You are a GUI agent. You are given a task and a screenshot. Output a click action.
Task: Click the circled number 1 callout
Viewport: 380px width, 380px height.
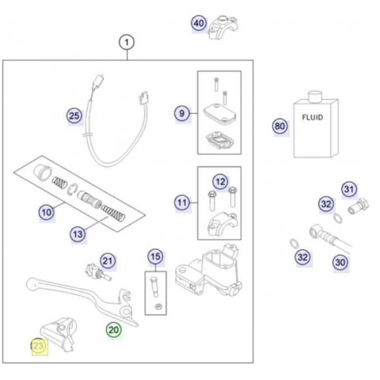coord(127,42)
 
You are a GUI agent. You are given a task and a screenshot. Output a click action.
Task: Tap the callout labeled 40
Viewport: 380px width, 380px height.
coord(199,23)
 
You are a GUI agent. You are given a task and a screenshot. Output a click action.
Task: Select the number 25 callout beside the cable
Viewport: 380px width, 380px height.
coord(74,116)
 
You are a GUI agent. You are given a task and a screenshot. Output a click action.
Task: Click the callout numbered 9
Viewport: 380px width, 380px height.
coord(182,113)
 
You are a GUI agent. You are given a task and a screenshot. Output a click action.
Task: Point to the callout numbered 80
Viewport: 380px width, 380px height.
coord(279,126)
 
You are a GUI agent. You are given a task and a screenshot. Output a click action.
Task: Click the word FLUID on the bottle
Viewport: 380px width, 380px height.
coord(313,117)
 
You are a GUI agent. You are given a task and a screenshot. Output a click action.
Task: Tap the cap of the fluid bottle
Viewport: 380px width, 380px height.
coord(315,96)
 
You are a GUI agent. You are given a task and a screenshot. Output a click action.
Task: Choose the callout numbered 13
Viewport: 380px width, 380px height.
coord(78,234)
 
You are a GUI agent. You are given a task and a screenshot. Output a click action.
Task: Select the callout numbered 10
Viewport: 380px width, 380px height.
coord(47,212)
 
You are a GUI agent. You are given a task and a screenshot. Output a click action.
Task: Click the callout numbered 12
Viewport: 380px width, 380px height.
coord(220,181)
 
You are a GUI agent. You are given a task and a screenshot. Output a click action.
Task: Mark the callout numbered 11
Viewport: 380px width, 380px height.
coord(182,203)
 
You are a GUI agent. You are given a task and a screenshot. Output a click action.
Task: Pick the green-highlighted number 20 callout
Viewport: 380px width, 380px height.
coord(114,330)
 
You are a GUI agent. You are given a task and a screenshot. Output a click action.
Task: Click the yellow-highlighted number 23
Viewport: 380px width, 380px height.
coord(39,346)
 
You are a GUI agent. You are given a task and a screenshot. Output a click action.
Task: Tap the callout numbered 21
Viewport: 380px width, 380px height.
coord(108,261)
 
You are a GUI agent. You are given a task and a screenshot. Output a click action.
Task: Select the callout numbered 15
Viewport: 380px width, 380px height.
coord(155,256)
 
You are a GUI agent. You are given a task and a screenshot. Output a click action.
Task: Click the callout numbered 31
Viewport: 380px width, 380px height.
coord(349,189)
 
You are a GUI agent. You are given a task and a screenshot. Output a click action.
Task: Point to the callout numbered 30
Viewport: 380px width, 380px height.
coord(340,263)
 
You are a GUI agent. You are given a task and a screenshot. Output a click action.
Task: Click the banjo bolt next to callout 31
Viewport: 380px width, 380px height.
coord(359,207)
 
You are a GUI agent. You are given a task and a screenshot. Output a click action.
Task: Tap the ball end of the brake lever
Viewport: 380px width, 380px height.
coord(32,284)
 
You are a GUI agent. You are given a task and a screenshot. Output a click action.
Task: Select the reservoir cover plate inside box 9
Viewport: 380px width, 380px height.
coord(220,112)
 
